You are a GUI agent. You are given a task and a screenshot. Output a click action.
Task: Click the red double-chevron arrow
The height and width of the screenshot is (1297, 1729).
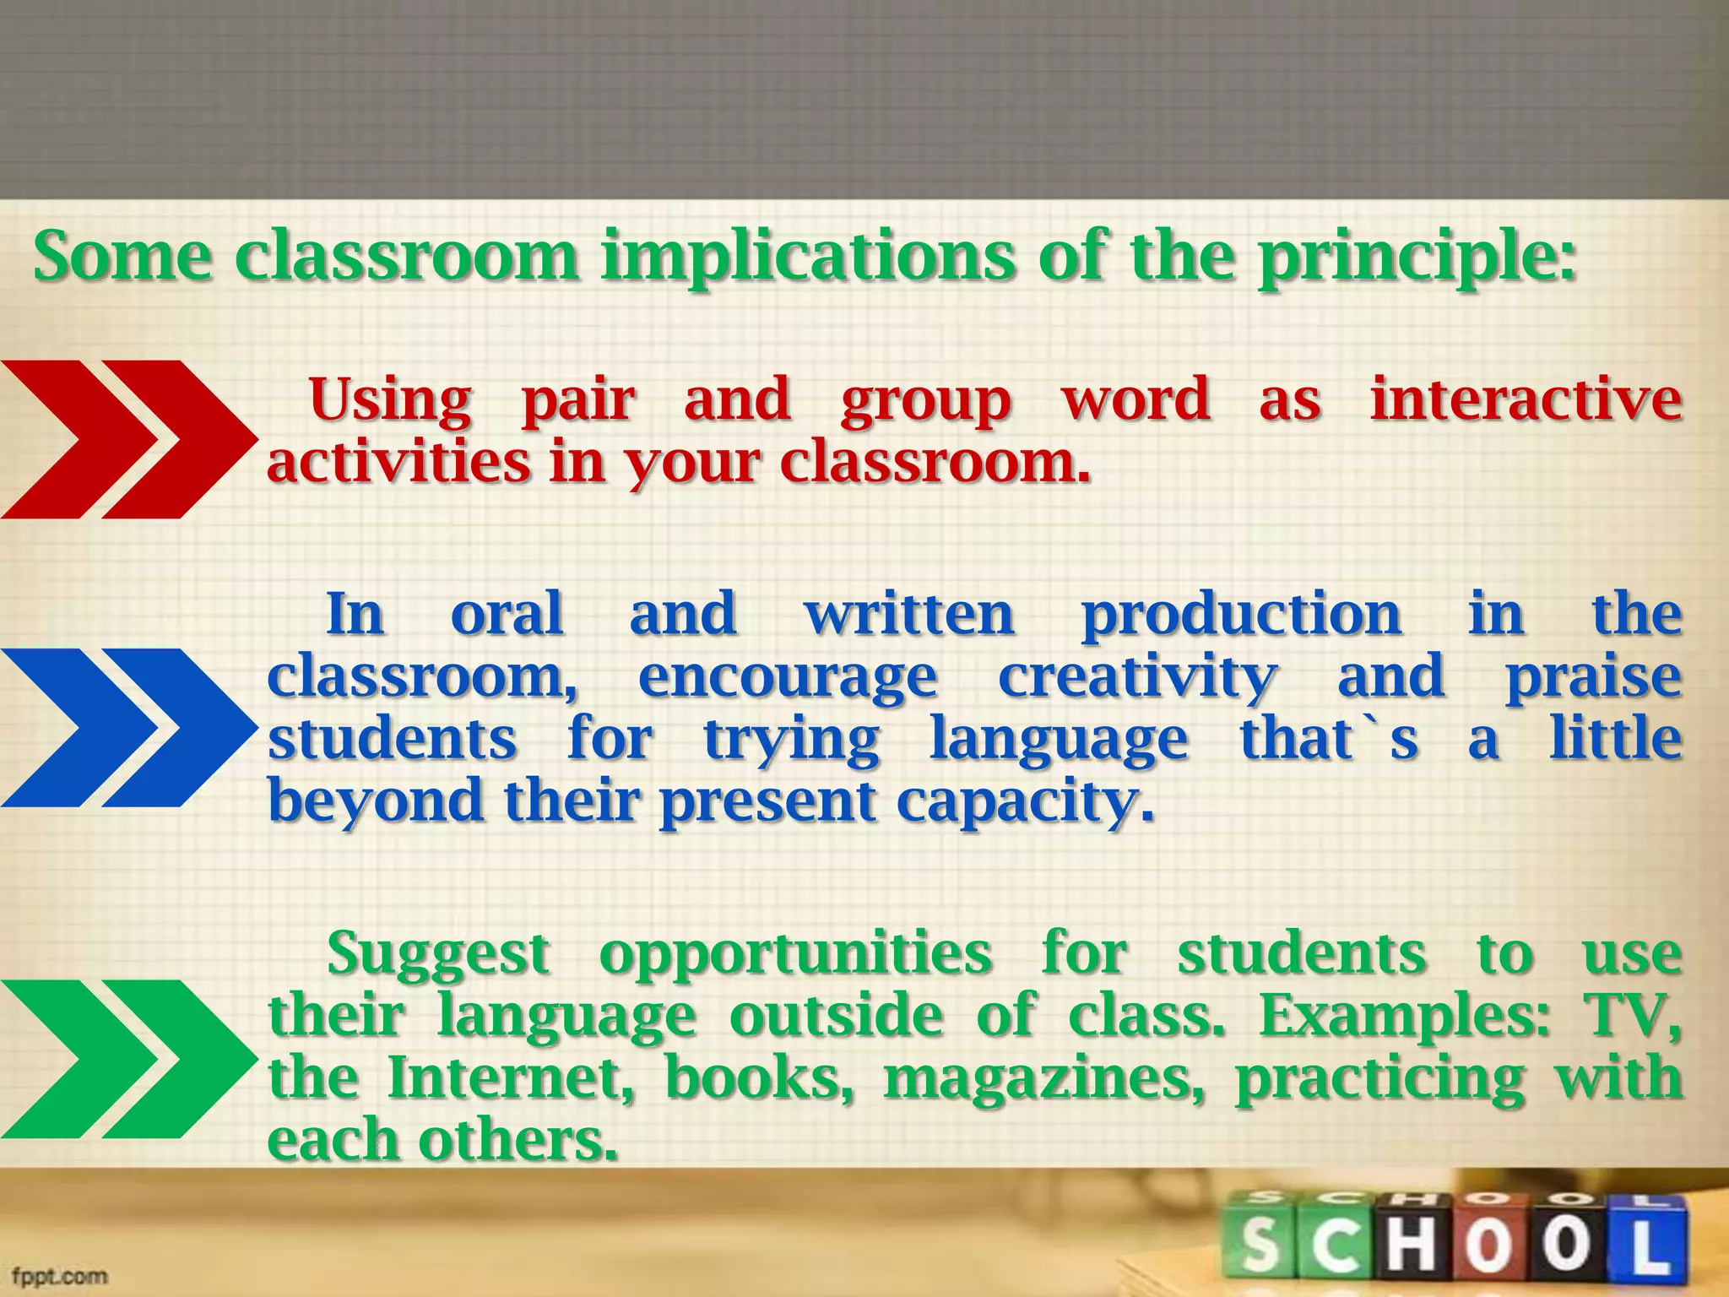pos(127,439)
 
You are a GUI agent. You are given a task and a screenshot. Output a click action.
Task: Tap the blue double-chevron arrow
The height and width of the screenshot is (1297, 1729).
pos(127,728)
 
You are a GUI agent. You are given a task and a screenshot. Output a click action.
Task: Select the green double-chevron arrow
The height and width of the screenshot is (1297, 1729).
pos(127,1059)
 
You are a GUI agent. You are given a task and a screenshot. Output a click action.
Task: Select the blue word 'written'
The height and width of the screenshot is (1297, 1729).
pos(909,614)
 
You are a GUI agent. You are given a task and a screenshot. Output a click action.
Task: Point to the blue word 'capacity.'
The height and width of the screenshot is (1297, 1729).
pos(1024,800)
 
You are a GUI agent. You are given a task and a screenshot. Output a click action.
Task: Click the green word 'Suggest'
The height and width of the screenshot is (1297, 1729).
pos(439,954)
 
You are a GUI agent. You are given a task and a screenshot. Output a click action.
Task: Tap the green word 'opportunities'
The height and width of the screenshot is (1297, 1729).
pos(795,954)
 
